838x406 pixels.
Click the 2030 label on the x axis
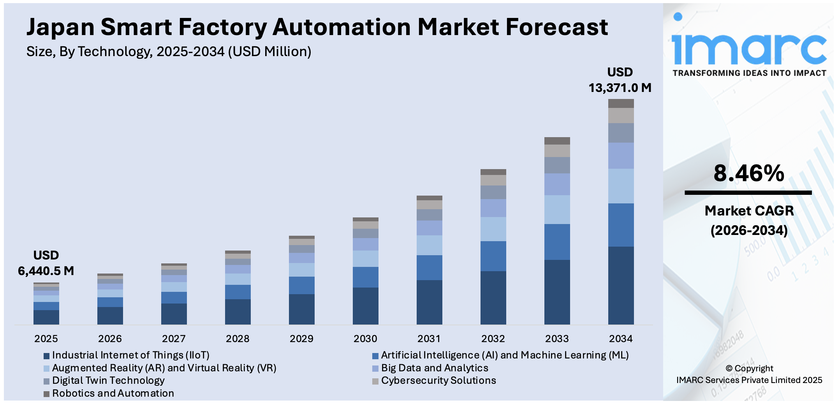click(x=365, y=339)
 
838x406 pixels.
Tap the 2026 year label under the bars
click(x=110, y=339)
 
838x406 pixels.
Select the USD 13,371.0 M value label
click(x=620, y=80)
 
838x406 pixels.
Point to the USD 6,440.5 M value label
click(x=46, y=263)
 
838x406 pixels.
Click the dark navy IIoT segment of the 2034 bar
click(x=621, y=285)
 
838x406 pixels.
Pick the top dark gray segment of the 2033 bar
click(x=557, y=141)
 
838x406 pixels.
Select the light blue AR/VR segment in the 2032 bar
click(x=493, y=229)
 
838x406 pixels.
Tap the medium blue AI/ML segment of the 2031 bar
click(x=429, y=268)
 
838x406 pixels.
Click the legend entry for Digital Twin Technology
click(x=108, y=381)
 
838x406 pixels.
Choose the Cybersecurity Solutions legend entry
click(x=438, y=381)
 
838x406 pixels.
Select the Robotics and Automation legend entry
click(x=113, y=394)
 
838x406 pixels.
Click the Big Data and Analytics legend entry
click(x=434, y=368)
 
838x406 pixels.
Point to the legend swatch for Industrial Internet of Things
click(x=46, y=356)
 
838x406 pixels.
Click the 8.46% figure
click(x=748, y=173)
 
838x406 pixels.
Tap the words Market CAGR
click(x=749, y=211)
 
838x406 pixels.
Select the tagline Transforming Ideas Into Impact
click(x=749, y=73)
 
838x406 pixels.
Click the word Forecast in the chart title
click(x=556, y=27)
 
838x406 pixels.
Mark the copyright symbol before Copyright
click(x=729, y=369)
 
